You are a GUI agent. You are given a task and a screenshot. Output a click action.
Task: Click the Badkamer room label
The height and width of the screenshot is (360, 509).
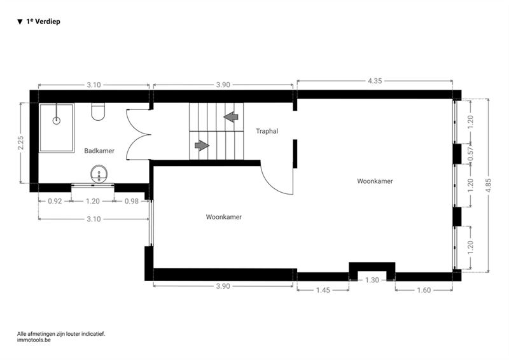pos(99,151)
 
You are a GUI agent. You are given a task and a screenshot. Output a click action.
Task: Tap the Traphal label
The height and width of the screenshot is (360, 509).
pos(267,131)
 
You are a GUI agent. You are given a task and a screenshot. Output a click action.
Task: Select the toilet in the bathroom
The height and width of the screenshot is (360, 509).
pos(98,112)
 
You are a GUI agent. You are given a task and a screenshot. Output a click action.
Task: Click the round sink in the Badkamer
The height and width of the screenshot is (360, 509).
pos(99,174)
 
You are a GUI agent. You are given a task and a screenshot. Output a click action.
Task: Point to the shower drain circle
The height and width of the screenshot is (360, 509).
pos(57,121)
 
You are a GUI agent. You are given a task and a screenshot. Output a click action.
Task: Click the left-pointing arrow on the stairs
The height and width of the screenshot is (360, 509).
pos(231,116)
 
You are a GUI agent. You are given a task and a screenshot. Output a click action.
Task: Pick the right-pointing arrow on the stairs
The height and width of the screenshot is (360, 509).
pos(202,146)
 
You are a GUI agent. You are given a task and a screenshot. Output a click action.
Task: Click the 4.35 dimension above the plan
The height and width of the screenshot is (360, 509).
pos(375,81)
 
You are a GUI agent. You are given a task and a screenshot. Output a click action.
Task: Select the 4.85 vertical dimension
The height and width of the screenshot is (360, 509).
pos(489,185)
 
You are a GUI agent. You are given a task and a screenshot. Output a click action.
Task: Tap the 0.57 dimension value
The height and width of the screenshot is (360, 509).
pos(471,154)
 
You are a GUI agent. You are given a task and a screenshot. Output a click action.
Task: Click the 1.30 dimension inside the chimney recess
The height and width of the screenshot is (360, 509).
pos(372,280)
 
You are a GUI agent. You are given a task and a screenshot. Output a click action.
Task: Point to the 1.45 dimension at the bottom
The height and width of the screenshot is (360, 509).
pos(323,290)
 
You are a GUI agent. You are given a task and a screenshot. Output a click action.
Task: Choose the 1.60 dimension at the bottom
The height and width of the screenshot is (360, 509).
pos(424,290)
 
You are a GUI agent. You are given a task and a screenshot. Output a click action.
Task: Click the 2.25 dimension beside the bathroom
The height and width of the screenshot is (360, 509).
pos(21,143)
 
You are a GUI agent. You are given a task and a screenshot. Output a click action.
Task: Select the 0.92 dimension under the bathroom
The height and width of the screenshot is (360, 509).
pos(55,201)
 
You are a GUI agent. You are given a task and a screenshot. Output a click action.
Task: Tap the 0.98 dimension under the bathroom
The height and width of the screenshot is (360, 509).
pos(132,201)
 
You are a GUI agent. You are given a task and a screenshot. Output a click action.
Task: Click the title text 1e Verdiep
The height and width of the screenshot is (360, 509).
pos(43,22)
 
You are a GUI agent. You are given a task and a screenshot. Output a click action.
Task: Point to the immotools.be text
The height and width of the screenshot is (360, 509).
pos(34,340)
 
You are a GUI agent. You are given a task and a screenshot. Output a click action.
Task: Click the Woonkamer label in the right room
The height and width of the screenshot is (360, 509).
pos(375,181)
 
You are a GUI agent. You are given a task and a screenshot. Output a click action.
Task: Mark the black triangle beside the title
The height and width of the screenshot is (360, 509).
pos(20,22)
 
